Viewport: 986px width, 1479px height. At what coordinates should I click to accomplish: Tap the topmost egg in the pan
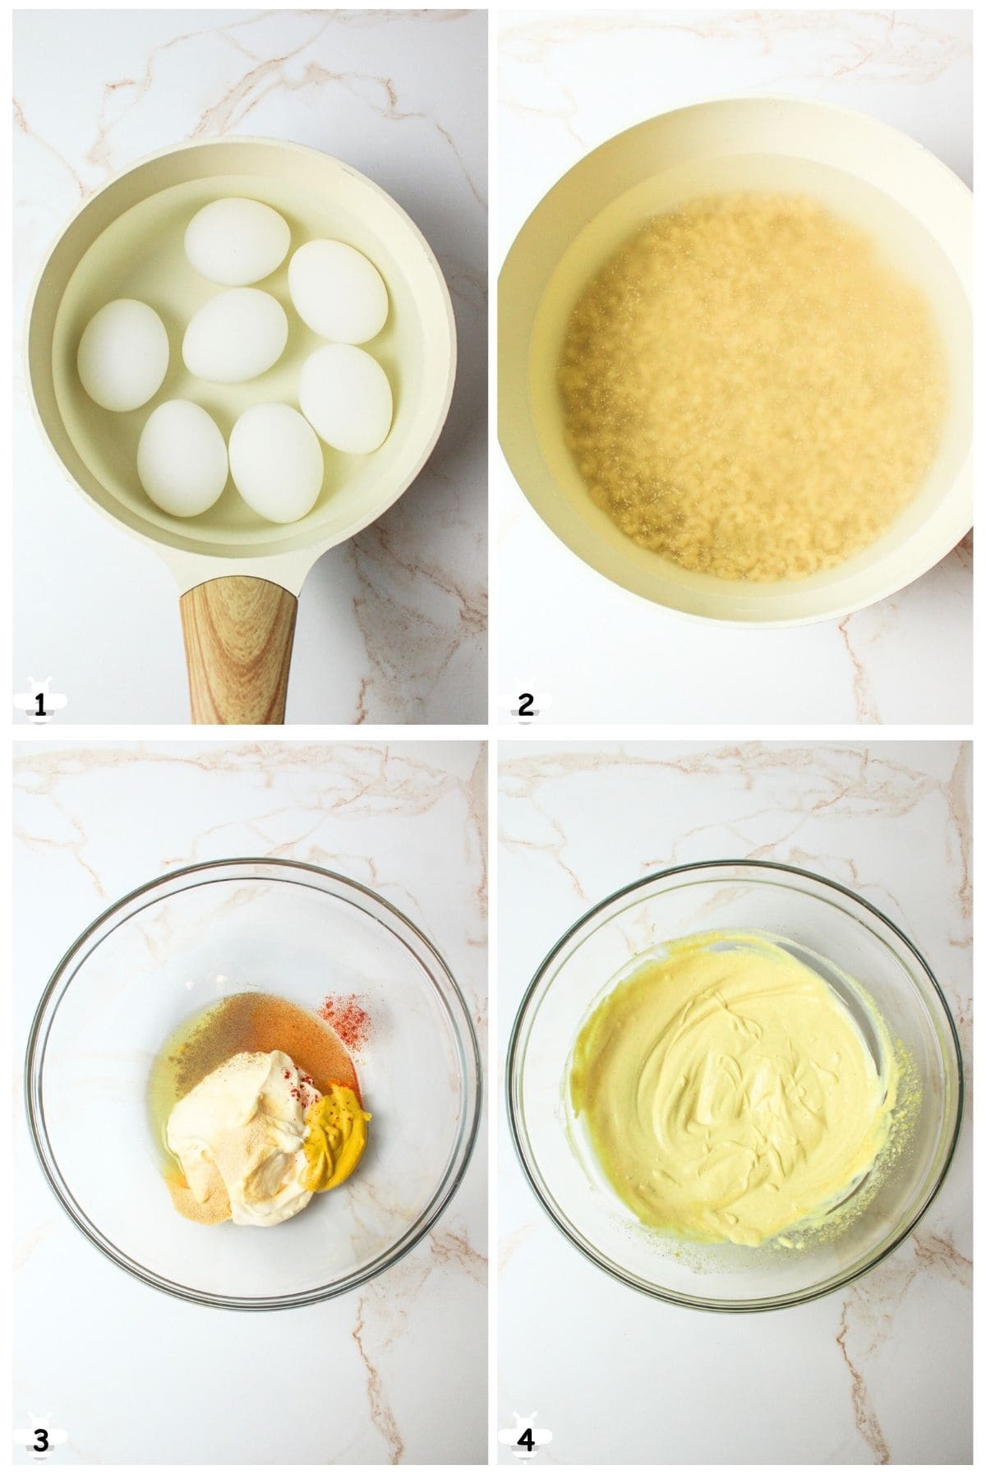tap(237, 241)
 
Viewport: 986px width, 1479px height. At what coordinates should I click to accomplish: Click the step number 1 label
tap(37, 704)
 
